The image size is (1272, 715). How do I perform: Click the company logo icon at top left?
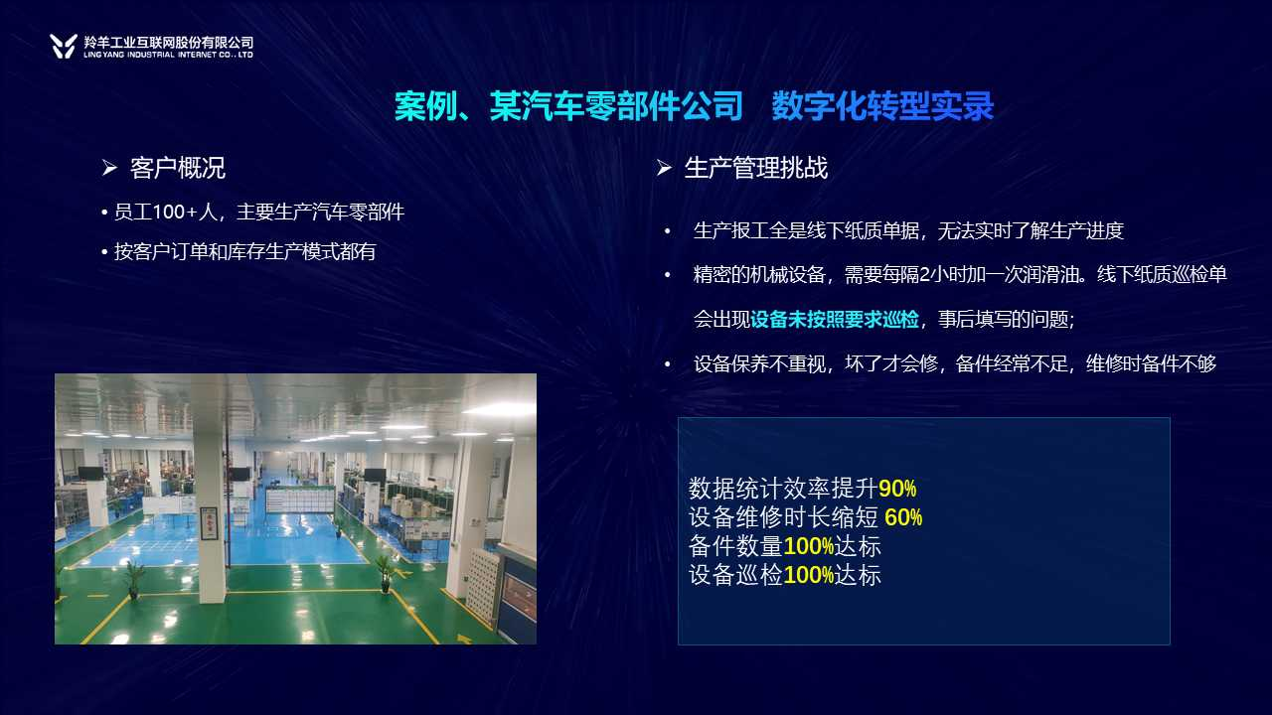click(x=64, y=46)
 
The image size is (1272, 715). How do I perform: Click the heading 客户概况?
click(x=178, y=168)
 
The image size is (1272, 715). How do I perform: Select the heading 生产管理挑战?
click(x=756, y=168)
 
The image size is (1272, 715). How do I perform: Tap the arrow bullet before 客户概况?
click(x=109, y=168)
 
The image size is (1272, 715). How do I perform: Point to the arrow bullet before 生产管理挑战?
click(x=664, y=168)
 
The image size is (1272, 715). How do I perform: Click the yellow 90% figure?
click(x=897, y=489)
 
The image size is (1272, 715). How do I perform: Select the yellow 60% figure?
click(x=903, y=517)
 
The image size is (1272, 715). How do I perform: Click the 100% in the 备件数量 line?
click(x=809, y=546)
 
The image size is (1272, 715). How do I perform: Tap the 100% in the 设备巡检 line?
click(x=809, y=575)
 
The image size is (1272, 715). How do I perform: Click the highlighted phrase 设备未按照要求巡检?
click(x=834, y=320)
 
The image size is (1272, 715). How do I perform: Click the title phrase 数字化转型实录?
click(x=882, y=106)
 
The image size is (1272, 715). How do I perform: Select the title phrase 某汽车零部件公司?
click(x=616, y=106)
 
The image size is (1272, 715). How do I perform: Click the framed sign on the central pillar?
click(x=209, y=522)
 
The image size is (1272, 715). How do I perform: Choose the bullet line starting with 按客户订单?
click(x=238, y=251)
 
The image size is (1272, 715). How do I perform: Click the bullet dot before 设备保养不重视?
click(x=667, y=364)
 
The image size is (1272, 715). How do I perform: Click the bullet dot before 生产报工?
click(x=667, y=231)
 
